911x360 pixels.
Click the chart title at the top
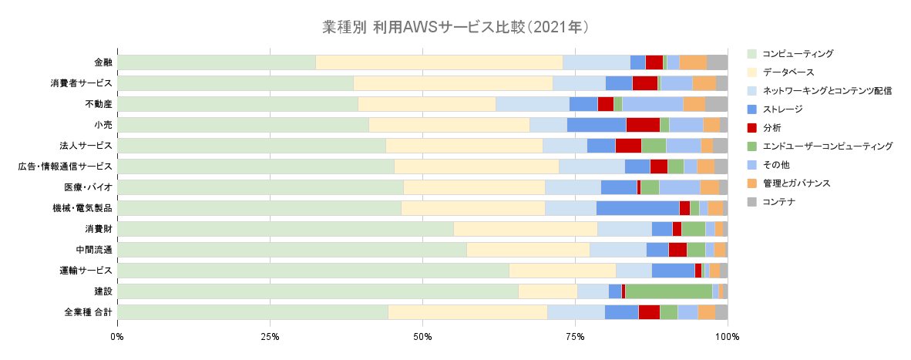pos(455,28)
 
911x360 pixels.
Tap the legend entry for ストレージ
pos(782,109)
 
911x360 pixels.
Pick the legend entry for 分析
pos(772,128)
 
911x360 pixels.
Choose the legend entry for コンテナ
pos(778,202)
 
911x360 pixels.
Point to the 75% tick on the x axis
pos(575,337)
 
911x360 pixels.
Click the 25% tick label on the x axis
pos(270,337)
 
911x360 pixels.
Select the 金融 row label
pos(103,62)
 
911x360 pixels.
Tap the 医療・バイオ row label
pos(89,187)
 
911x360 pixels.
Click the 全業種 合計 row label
pos(89,312)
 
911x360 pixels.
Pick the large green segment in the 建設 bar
pos(668,291)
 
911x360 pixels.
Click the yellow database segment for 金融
pos(439,62)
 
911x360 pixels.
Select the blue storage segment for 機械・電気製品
pos(637,208)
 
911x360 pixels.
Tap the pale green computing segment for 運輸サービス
pos(313,271)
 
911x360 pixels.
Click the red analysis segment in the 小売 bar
pos(643,125)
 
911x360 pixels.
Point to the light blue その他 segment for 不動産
pos(652,104)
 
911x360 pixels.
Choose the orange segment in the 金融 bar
pos(693,62)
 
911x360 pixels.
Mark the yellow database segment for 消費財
pos(525,229)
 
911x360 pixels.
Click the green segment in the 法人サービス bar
pos(654,146)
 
